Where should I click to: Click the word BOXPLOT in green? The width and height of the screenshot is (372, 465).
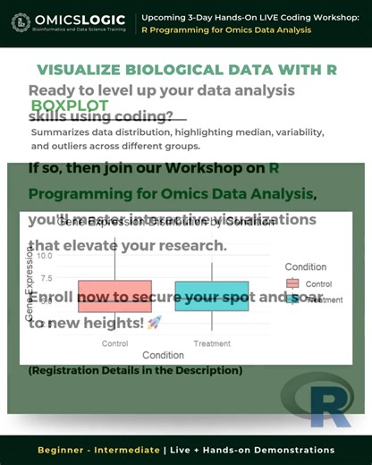coord(70,105)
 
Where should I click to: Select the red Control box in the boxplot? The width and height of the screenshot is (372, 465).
coord(114,296)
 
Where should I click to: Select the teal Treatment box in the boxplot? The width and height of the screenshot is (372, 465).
coord(212,296)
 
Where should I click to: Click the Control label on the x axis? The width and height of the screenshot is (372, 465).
coord(114,342)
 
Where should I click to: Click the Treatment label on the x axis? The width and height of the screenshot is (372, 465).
coord(212,342)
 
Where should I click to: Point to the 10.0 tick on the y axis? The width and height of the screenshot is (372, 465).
coord(46,255)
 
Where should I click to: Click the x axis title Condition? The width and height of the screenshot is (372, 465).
coord(163,355)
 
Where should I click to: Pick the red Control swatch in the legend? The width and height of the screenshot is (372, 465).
coord(292,283)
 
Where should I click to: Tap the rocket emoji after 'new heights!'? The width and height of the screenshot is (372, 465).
coord(154,322)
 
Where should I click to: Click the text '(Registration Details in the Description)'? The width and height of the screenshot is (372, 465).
coord(136,370)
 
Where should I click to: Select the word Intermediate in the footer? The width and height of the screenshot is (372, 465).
coord(124,450)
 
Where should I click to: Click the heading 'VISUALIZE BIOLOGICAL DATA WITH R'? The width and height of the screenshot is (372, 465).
coord(187,70)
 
